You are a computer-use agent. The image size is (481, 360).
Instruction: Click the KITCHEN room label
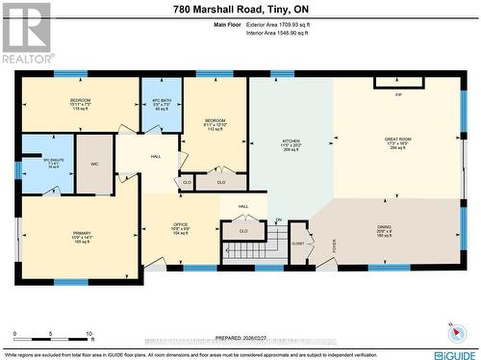tap(290, 141)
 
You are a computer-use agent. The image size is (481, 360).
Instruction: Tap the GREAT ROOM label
tap(398, 140)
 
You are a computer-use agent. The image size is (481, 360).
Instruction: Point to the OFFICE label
tap(180, 223)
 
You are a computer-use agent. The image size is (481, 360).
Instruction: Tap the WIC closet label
tap(95, 164)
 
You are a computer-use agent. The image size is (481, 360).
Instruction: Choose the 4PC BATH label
tap(161, 101)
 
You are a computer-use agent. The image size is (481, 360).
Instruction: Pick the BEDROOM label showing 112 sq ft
tap(215, 118)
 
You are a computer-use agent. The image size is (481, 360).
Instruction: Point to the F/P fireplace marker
tap(398, 94)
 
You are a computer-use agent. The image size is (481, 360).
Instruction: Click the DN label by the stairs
tap(278, 220)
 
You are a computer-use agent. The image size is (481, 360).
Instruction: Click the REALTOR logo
tap(26, 33)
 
